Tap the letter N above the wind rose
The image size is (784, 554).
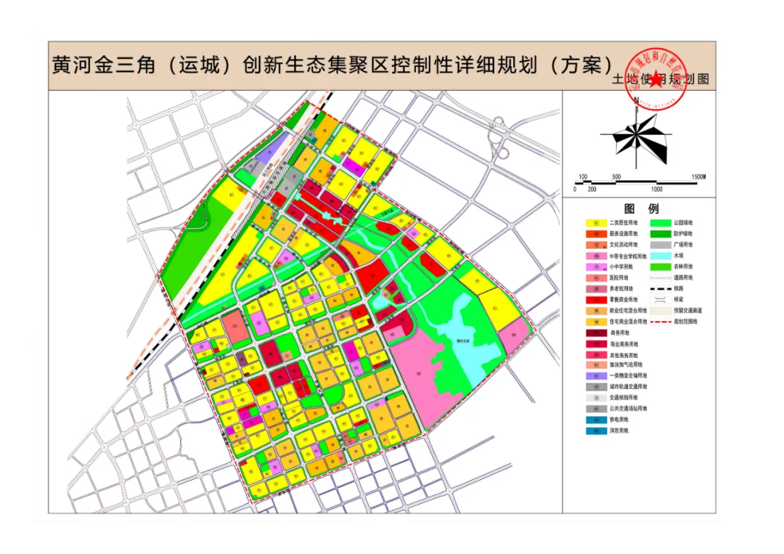[637, 99]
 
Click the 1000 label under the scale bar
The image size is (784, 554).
[656, 189]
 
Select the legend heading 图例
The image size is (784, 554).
[639, 209]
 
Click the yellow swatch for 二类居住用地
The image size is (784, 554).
[597, 224]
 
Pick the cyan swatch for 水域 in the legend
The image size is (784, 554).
[660, 256]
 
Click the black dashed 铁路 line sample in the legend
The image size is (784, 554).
[660, 289]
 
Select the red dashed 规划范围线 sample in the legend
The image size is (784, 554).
[660, 321]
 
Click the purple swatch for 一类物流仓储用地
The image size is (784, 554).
[597, 376]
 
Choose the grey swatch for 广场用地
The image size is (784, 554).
[660, 245]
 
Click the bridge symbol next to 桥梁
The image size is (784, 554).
[660, 299]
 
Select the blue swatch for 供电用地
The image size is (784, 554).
[597, 420]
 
